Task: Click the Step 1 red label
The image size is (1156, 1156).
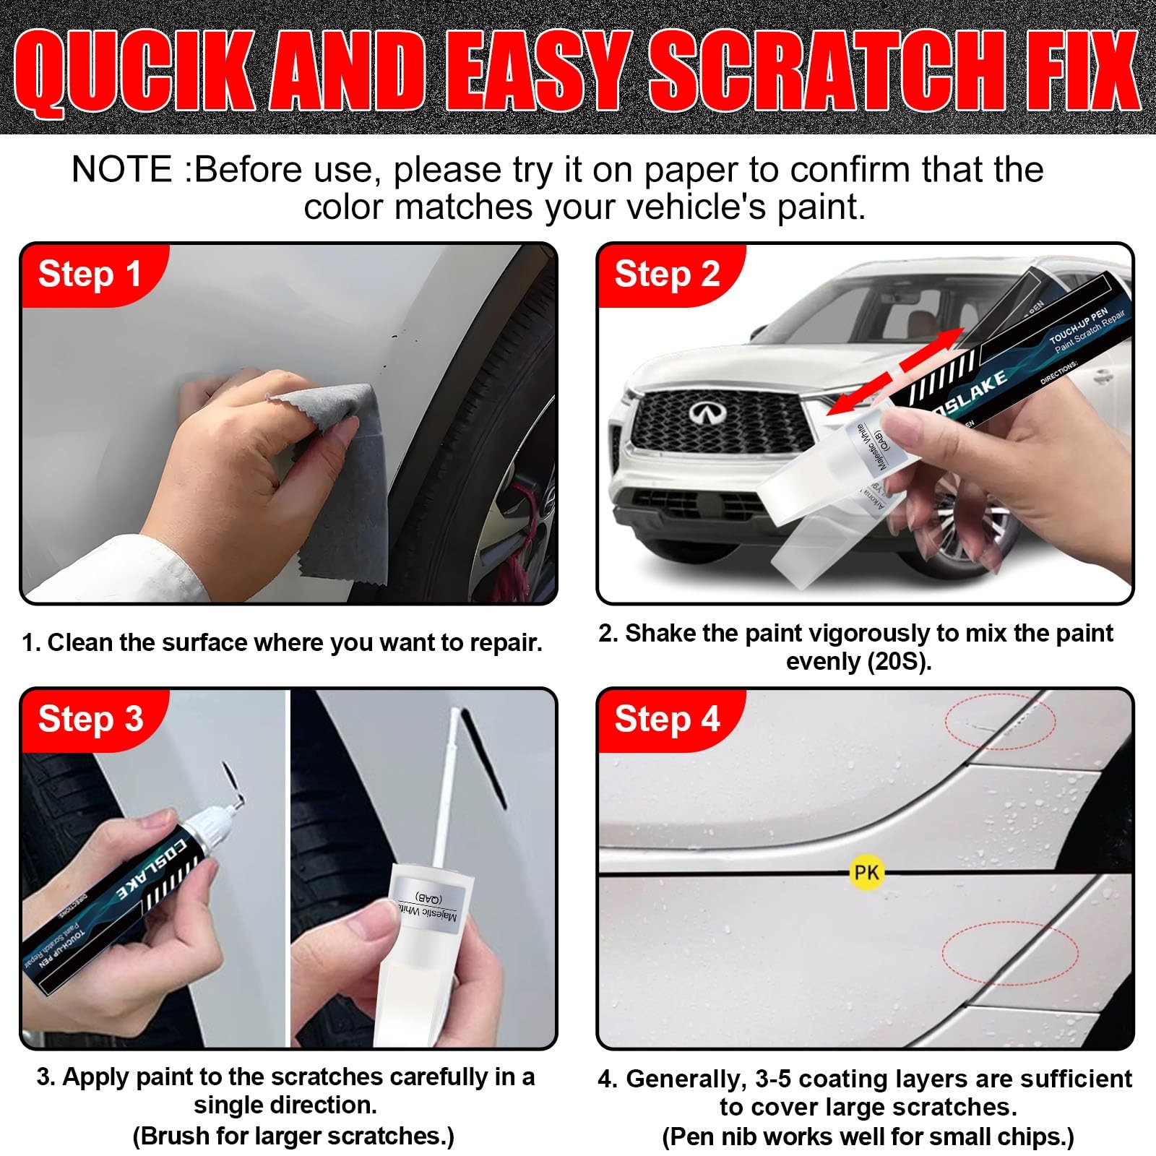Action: (90, 275)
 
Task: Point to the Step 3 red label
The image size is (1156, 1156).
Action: (90, 720)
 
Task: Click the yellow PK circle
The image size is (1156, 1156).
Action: (866, 873)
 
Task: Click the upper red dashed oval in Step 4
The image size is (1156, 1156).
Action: (1000, 720)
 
